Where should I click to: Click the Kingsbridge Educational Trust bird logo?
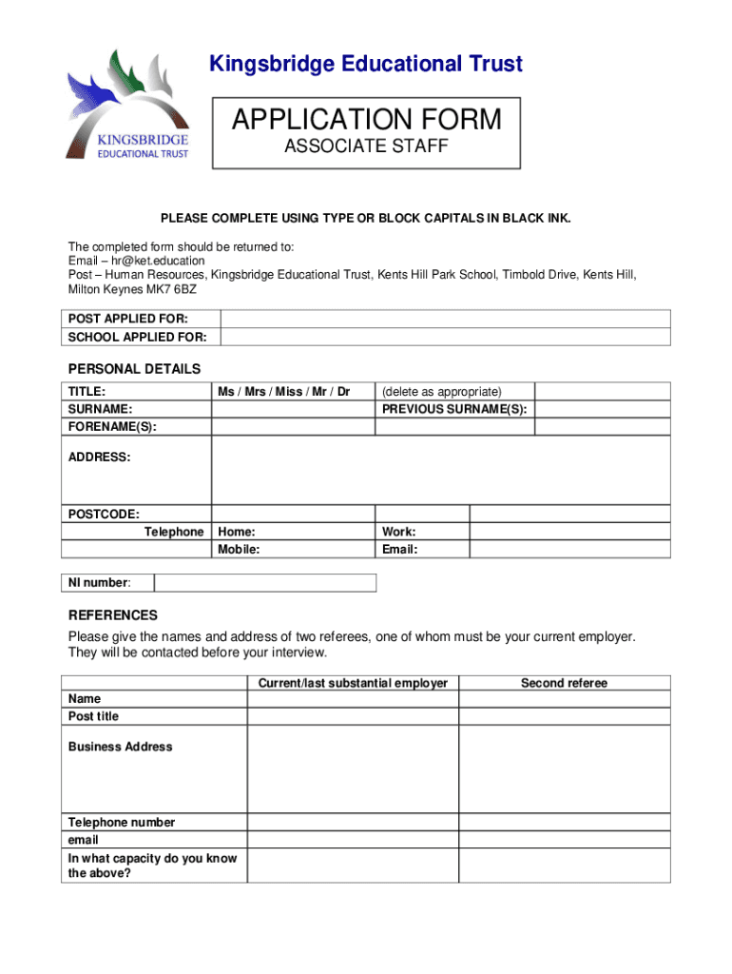(x=126, y=104)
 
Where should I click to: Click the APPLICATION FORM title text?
(x=366, y=120)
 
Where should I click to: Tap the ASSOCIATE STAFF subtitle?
(x=366, y=147)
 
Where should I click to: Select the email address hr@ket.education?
(x=158, y=261)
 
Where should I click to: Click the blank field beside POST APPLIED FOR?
(x=445, y=319)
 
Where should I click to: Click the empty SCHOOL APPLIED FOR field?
(x=445, y=337)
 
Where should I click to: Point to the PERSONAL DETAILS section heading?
(x=134, y=369)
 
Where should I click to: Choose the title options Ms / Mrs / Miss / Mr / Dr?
(x=283, y=392)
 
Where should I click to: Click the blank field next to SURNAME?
(x=293, y=410)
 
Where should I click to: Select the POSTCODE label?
(x=104, y=514)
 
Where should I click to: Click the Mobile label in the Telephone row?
(x=239, y=550)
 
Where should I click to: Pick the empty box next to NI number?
(x=265, y=582)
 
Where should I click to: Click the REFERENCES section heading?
(x=113, y=615)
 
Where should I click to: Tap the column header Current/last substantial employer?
(x=353, y=683)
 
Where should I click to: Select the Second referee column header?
(x=564, y=683)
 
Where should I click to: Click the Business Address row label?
(x=121, y=747)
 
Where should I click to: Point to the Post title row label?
(x=93, y=716)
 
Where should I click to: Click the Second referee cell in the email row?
(x=564, y=841)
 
